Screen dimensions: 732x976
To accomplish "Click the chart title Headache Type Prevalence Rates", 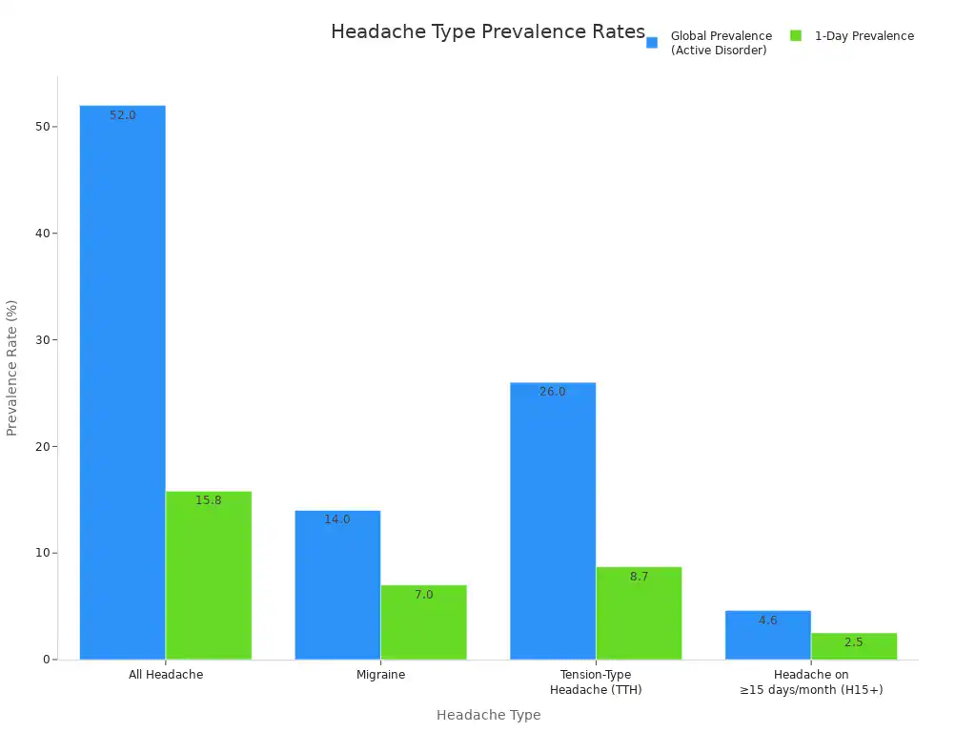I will pyautogui.click(x=487, y=31).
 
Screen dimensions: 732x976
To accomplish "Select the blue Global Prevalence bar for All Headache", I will pyautogui.click(x=122, y=381).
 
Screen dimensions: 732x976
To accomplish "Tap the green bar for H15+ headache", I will pyautogui.click(x=854, y=646).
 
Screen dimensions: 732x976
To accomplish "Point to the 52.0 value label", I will pyautogui.click(x=123, y=115).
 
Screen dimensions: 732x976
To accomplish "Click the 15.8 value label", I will pyautogui.click(x=209, y=500).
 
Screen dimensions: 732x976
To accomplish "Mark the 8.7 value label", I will pyautogui.click(x=639, y=577).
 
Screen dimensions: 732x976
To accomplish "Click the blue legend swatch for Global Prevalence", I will pyautogui.click(x=652, y=42).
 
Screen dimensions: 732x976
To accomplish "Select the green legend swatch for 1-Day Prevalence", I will pyautogui.click(x=796, y=36).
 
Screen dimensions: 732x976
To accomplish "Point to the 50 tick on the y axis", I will pyautogui.click(x=41, y=127).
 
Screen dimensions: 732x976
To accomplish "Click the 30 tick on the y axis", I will pyautogui.click(x=41, y=340).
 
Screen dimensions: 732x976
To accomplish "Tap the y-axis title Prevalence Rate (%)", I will pyautogui.click(x=12, y=368).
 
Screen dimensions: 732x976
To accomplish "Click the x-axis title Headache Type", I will pyautogui.click(x=488, y=715).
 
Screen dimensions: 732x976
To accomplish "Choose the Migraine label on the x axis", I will pyautogui.click(x=380, y=675).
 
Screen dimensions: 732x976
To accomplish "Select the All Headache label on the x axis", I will pyautogui.click(x=166, y=675).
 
